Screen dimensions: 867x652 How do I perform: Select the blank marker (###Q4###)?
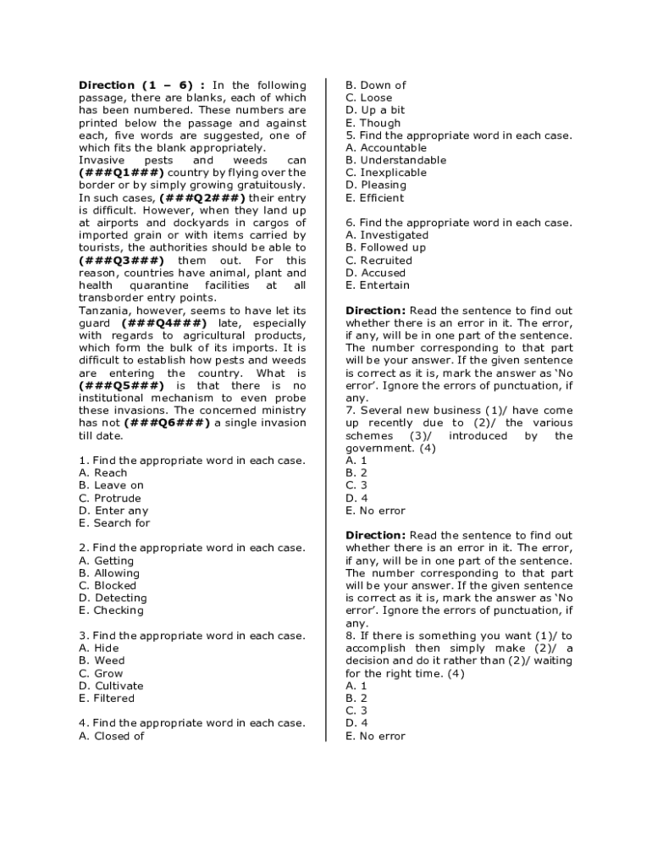(x=163, y=323)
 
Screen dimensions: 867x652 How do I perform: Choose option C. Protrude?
(x=110, y=499)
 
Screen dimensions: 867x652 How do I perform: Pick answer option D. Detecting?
(x=113, y=599)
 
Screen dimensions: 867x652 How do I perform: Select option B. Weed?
(x=102, y=661)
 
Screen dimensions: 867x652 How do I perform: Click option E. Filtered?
(x=107, y=699)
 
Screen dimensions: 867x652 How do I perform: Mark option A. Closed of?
(x=111, y=737)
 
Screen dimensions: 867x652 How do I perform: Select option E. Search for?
(x=114, y=523)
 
